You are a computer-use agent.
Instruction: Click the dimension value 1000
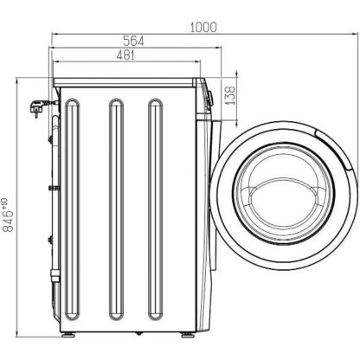coord(203,27)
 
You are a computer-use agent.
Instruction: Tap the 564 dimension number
coord(133,41)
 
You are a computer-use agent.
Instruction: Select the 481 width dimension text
coord(125,55)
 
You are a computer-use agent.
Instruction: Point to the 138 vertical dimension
coord(230,95)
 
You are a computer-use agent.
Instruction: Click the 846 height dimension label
coord(8,221)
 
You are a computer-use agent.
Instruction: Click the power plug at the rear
coord(37,108)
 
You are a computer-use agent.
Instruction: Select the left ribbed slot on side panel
coord(72,209)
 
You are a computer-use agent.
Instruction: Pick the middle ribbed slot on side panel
coord(116,209)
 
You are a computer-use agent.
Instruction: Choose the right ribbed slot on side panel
coord(156,209)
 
